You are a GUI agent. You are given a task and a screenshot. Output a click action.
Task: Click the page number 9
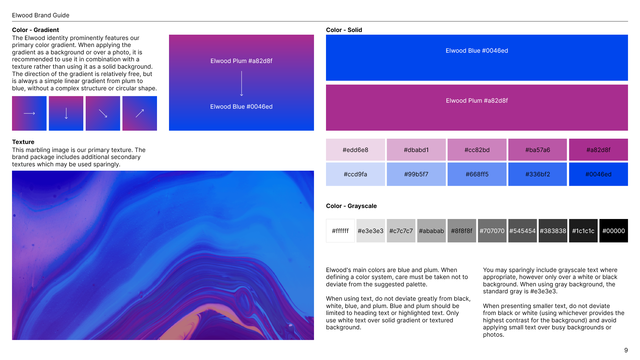(626, 350)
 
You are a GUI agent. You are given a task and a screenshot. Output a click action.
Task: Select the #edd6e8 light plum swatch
(355, 150)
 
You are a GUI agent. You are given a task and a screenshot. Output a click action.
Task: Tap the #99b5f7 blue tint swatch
(416, 174)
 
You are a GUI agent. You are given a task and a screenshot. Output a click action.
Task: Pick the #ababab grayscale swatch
(431, 231)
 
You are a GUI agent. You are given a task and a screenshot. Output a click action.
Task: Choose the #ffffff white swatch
(340, 231)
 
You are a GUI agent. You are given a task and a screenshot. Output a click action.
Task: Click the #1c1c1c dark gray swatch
(583, 231)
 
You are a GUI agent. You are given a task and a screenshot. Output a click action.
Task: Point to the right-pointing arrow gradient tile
(29, 113)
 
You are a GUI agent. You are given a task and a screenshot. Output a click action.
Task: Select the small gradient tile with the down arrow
(66, 113)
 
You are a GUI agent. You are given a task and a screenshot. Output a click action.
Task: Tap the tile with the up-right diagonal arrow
(140, 113)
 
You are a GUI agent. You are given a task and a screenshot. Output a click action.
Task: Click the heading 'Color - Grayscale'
(351, 206)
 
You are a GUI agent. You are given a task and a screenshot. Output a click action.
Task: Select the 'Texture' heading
(23, 142)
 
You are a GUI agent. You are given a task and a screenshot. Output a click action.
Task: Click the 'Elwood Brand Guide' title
(41, 15)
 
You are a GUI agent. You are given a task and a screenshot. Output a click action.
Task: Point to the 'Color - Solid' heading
(344, 30)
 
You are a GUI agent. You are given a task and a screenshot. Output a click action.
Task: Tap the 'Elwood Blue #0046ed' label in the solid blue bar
(477, 51)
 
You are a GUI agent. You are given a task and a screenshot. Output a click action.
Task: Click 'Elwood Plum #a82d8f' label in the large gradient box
(241, 61)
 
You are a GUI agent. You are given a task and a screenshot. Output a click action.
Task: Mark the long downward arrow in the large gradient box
(242, 84)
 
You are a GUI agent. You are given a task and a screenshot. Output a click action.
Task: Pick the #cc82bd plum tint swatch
(477, 150)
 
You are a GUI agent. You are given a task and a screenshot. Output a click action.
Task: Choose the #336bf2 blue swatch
(538, 174)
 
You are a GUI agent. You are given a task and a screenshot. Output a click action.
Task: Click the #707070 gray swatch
(492, 231)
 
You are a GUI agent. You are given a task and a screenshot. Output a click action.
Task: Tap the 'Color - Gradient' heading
(35, 30)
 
